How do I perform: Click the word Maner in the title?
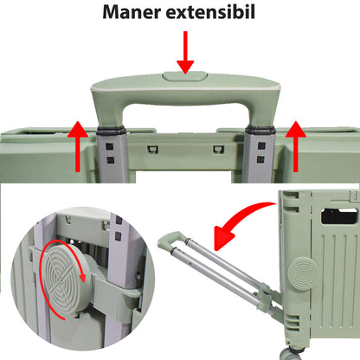click(132, 12)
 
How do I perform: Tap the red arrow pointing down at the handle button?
click(185, 53)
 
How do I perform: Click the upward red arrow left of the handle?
click(78, 146)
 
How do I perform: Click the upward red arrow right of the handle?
click(296, 146)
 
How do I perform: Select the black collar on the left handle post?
click(111, 131)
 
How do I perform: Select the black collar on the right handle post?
click(260, 130)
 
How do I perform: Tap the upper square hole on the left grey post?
click(110, 146)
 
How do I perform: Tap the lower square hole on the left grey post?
click(110, 160)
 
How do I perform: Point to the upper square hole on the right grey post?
click(261, 145)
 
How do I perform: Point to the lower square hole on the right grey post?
click(260, 159)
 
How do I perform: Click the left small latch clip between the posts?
click(152, 149)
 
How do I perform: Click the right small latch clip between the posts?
click(218, 149)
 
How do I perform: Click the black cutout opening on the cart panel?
click(339, 215)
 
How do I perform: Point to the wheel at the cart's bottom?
click(289, 354)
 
